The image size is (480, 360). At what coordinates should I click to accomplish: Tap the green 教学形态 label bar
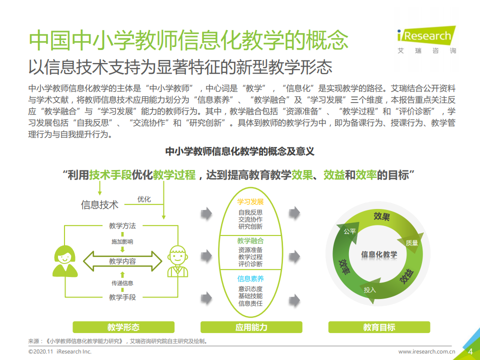123,327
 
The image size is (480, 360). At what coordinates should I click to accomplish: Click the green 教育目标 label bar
379,327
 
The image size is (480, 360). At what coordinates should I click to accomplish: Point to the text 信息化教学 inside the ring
379,254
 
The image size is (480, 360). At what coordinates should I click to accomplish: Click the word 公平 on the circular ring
349,231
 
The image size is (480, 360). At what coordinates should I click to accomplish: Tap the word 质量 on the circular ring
411,242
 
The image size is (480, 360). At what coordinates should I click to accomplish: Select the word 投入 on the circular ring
369,289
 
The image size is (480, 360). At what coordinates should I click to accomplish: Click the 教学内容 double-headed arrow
122,261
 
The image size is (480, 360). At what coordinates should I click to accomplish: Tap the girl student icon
65,260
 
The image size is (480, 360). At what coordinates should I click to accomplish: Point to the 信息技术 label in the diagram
100,204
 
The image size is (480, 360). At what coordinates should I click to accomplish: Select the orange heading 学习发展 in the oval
250,202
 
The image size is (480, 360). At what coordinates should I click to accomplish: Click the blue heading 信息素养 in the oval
250,279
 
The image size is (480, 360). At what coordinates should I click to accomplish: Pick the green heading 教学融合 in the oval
250,240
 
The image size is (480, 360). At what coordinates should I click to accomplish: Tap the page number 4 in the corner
470,351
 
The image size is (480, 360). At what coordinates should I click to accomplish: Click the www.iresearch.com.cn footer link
426,352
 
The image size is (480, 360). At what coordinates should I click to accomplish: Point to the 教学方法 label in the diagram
122,226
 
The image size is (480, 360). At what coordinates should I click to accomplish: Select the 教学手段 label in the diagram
122,297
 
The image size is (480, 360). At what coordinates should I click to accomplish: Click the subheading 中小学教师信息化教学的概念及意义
239,151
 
